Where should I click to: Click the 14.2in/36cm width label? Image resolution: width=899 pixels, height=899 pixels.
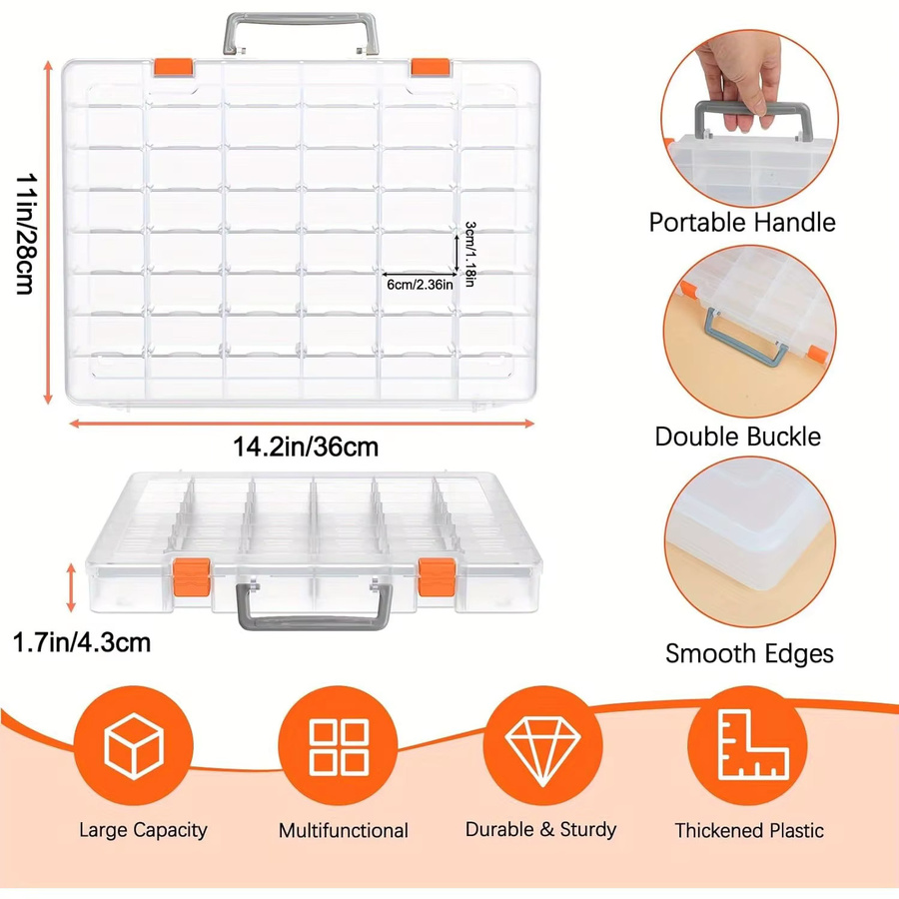(x=306, y=447)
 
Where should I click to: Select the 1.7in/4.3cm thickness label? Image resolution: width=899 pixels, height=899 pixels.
(x=82, y=642)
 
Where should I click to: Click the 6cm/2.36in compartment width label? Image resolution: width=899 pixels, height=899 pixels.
(x=420, y=285)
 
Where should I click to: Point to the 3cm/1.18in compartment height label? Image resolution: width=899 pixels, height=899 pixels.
(x=470, y=254)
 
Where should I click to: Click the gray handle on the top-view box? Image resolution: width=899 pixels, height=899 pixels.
(x=301, y=21)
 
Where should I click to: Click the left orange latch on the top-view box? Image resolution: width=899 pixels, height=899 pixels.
(x=174, y=67)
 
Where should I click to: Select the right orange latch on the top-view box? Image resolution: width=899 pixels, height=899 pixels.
(x=430, y=67)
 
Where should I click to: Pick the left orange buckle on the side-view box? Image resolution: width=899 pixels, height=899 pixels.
(x=192, y=576)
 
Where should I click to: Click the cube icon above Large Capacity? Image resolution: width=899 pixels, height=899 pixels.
(x=134, y=746)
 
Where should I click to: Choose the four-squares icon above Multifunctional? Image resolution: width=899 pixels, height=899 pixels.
(x=339, y=747)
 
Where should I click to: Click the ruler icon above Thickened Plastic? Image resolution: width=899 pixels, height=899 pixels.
(x=752, y=744)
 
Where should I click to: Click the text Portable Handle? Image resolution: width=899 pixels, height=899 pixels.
(x=742, y=223)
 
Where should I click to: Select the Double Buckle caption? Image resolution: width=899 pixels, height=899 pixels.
(x=738, y=437)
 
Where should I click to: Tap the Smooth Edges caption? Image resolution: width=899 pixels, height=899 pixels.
(x=749, y=653)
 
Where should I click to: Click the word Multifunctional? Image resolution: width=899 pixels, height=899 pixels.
(x=344, y=830)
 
